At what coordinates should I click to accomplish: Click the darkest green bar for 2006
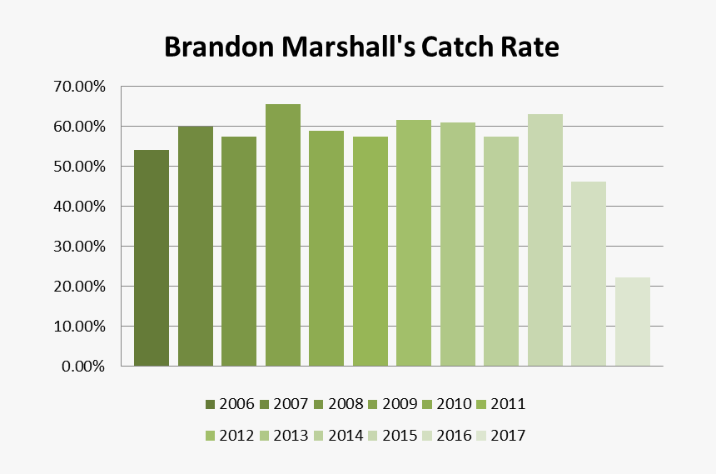[x=152, y=258]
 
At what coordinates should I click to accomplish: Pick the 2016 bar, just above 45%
[x=589, y=274]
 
